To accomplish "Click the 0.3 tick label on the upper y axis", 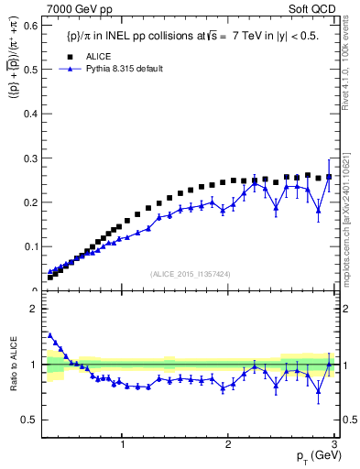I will tap(30, 158).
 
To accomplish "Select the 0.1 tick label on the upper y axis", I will tap(30, 246).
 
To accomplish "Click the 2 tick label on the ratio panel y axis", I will tap(34, 309).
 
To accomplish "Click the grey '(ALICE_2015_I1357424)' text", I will tap(189, 274).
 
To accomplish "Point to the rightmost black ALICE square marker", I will tap(329, 177).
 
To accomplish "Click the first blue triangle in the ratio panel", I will tap(49, 335).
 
